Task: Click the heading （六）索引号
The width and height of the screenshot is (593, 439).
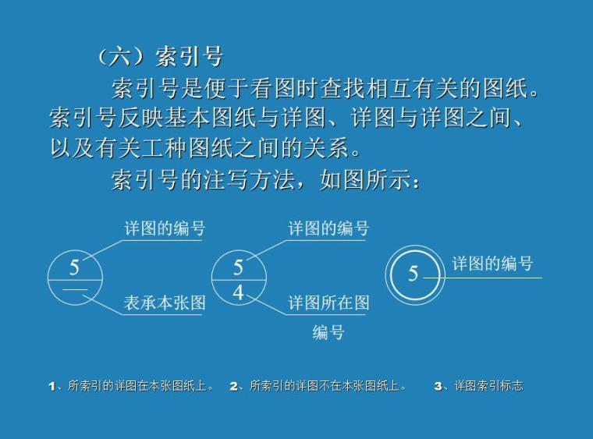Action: (160, 56)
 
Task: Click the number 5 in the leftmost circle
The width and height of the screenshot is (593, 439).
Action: (74, 267)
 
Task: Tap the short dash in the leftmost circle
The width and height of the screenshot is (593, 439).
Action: (75, 290)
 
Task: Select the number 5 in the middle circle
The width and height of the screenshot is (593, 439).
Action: (238, 267)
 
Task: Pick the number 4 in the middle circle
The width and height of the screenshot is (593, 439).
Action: (238, 293)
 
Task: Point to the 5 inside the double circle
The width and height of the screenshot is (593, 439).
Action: (414, 274)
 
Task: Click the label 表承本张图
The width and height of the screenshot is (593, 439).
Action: (165, 303)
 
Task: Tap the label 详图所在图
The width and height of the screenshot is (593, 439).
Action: (328, 303)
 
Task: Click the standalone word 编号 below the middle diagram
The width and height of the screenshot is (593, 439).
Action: (328, 332)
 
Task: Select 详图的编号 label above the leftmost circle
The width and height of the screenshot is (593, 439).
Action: (165, 228)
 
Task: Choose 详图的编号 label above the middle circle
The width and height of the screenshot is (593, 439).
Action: (328, 228)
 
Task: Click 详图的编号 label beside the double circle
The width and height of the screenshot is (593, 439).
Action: (492, 264)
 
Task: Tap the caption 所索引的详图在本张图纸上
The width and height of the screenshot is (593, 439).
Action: (140, 386)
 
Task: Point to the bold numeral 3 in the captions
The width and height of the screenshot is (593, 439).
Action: (438, 386)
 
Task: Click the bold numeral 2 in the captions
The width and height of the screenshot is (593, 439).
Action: (233, 386)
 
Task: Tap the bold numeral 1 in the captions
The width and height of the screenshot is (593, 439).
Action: (51, 386)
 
